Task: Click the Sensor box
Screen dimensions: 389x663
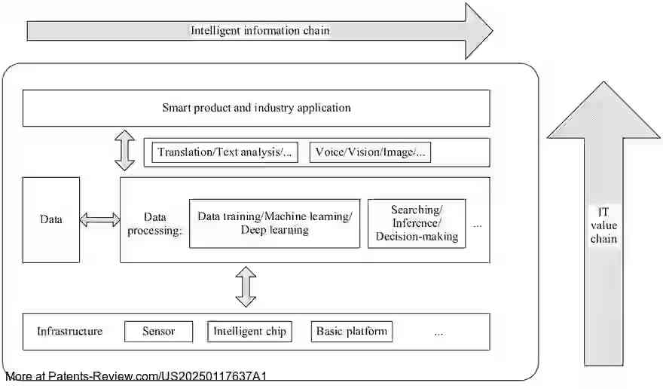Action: (158, 332)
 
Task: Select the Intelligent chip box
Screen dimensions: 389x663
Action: (249, 332)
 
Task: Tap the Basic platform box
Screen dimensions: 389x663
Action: (351, 332)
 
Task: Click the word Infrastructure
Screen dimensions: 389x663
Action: (70, 332)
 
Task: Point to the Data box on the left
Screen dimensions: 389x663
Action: (50, 220)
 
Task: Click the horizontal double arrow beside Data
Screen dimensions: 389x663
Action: (99, 220)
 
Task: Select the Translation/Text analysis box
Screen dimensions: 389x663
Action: (225, 152)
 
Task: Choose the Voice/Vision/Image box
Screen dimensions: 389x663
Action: (371, 152)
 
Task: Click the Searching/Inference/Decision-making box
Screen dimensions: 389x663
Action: (416, 223)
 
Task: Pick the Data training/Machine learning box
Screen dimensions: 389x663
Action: (274, 223)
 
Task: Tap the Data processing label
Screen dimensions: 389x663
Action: (154, 223)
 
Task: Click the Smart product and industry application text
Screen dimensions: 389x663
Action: (256, 108)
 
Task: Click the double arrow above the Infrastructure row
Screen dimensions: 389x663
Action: (246, 287)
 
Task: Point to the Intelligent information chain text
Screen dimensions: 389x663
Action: (260, 31)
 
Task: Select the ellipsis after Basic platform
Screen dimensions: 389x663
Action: (438, 332)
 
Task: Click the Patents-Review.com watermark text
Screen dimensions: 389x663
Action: (136, 376)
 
